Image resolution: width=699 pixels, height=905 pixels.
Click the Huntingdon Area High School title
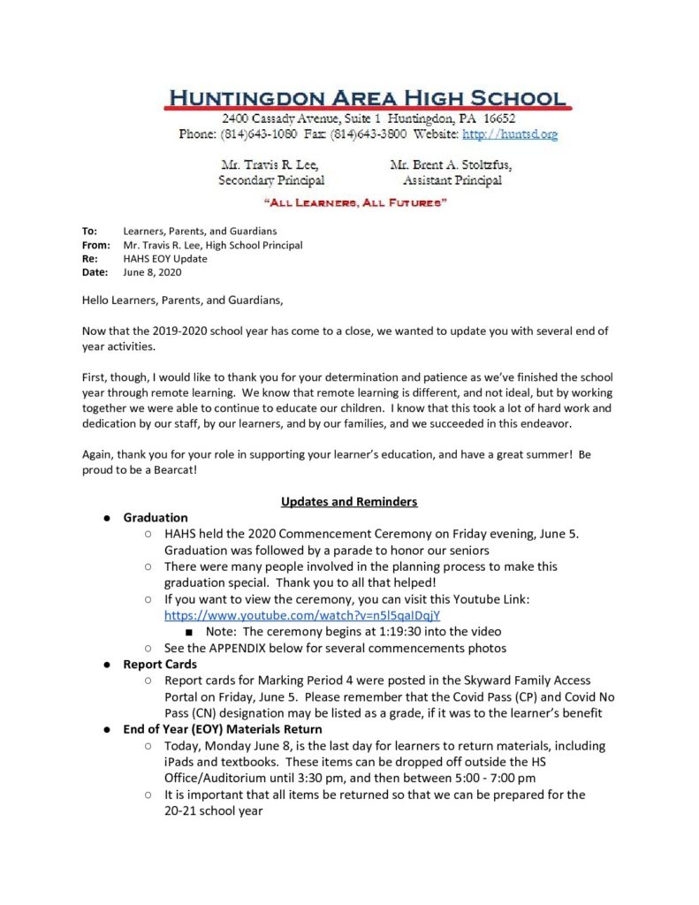coord(366,97)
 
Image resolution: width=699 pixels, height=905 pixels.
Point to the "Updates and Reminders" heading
coord(349,502)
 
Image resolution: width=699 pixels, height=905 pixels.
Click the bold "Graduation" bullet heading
coord(156,518)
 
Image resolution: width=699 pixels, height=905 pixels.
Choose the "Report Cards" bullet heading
coord(160,664)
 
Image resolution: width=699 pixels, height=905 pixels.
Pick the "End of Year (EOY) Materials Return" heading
coord(223,729)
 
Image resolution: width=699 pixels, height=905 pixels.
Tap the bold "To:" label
coord(89,231)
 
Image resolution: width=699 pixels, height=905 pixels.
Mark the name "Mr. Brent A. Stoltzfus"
coord(451,165)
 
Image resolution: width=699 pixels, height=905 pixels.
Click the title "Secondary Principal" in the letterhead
coord(271,180)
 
